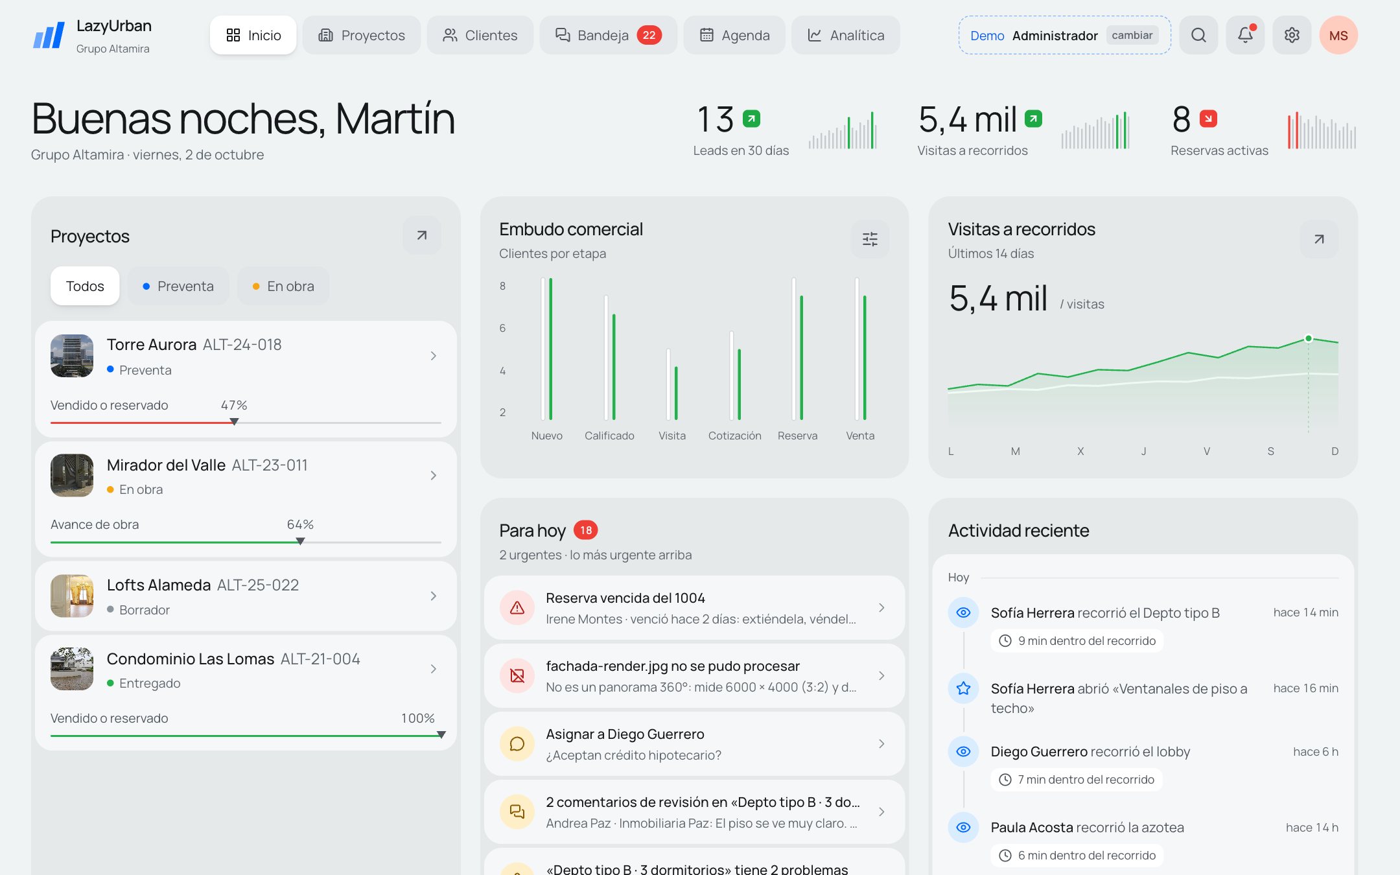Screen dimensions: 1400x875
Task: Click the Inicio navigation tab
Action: (x=253, y=35)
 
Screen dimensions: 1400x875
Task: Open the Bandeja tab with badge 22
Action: (x=608, y=35)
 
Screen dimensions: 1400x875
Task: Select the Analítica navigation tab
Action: (x=845, y=35)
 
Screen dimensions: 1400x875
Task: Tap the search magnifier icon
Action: (x=1198, y=35)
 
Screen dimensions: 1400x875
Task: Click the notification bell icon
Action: (x=1245, y=35)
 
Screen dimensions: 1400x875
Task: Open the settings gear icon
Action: (x=1292, y=35)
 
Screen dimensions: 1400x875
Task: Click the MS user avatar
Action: (x=1338, y=35)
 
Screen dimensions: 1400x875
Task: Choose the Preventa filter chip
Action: (x=178, y=286)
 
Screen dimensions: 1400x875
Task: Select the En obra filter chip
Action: (x=283, y=286)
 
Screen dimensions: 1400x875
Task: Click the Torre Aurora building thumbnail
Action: (x=72, y=355)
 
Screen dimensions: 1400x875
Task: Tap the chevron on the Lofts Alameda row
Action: (x=434, y=596)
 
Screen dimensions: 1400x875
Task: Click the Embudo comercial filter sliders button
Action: (x=870, y=239)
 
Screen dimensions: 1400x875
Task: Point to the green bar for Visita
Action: (x=676, y=393)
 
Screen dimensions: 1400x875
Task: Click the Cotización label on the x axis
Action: (x=734, y=436)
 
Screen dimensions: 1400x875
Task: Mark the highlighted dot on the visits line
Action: (x=1309, y=338)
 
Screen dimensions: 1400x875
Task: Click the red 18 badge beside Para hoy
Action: (x=586, y=530)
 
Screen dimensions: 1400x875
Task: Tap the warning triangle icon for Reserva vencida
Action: (x=517, y=607)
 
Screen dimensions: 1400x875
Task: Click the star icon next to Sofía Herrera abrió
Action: (x=964, y=688)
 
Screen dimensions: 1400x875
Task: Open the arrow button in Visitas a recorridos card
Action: (x=1319, y=239)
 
